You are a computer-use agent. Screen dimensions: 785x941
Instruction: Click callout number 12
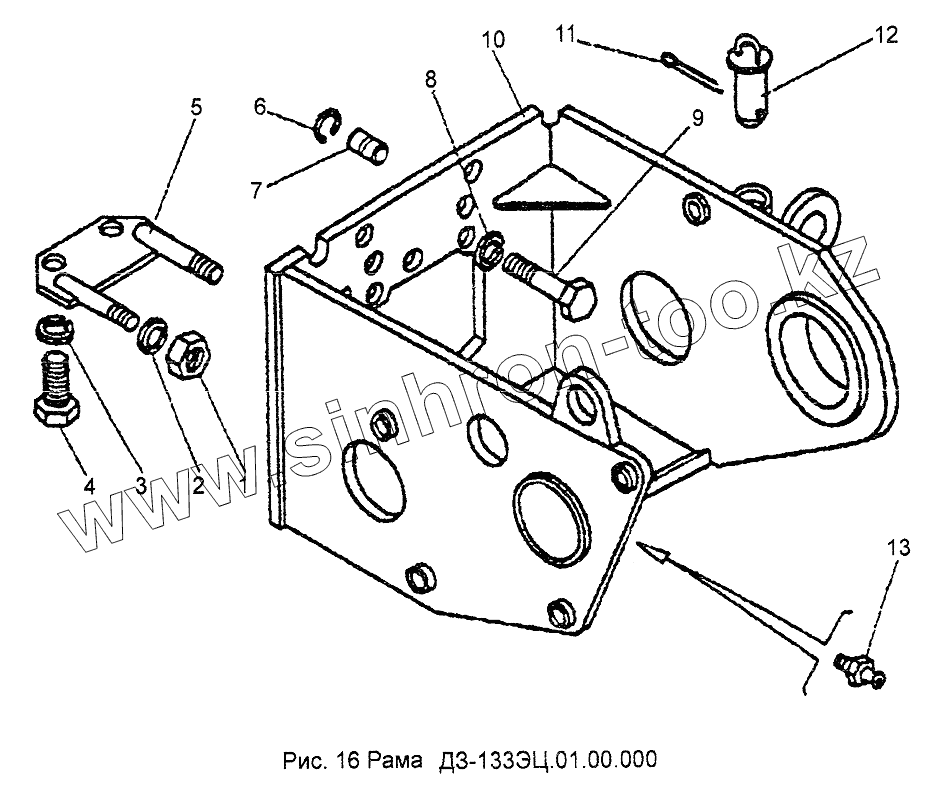click(886, 35)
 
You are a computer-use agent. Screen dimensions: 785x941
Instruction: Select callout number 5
click(196, 107)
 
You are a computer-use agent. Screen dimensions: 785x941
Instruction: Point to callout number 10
click(493, 41)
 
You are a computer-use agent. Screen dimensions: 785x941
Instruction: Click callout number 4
click(89, 487)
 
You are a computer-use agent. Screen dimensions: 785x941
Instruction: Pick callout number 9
click(696, 118)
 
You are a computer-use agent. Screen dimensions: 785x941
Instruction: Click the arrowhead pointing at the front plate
click(649, 549)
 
